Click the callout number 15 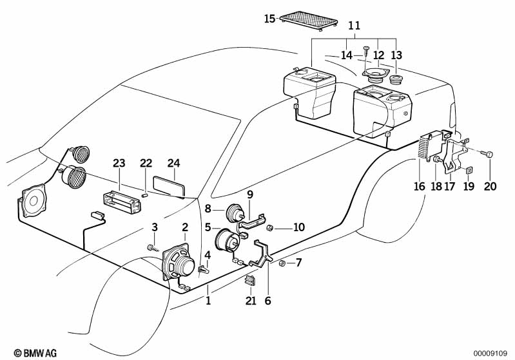pos(269,19)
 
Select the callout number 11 pos(354,26)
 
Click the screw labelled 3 pos(151,247)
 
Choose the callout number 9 pos(250,193)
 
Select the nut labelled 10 pos(271,227)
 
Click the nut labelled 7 pos(282,263)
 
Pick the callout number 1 pos(208,300)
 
